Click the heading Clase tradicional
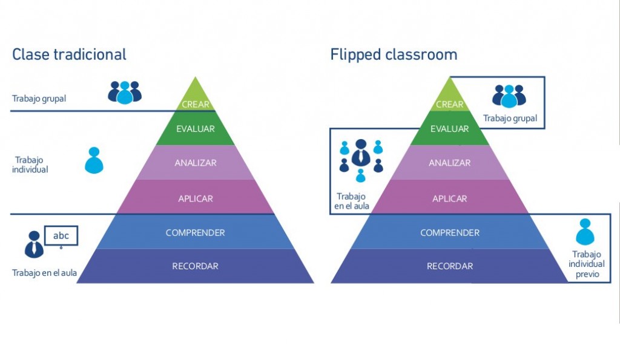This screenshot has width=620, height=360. click(x=69, y=54)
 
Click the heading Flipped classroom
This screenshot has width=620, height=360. click(x=394, y=54)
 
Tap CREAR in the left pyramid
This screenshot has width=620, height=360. click(x=196, y=104)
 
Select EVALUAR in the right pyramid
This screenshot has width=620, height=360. click(x=449, y=129)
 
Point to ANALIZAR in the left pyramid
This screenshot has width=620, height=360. click(x=196, y=163)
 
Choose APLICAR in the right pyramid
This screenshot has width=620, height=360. click(x=449, y=198)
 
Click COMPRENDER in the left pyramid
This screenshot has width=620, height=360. click(x=196, y=233)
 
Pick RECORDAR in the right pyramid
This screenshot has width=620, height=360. click(x=449, y=266)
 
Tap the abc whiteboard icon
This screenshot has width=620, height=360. click(x=61, y=237)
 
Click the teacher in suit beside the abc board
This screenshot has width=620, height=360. click(x=34, y=244)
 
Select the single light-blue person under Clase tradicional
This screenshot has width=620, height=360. click(x=94, y=161)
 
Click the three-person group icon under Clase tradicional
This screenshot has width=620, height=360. click(x=124, y=92)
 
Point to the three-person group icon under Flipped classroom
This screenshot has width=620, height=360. click(x=509, y=96)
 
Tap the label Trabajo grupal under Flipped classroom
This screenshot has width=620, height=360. click(x=510, y=119)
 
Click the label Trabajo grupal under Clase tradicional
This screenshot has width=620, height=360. click(x=39, y=99)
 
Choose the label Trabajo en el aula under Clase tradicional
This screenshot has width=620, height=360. click(x=44, y=273)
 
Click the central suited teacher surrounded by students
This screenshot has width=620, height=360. click(x=361, y=153)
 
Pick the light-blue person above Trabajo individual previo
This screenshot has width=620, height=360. click(x=585, y=232)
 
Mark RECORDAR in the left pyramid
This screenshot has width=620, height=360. click(x=196, y=266)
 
